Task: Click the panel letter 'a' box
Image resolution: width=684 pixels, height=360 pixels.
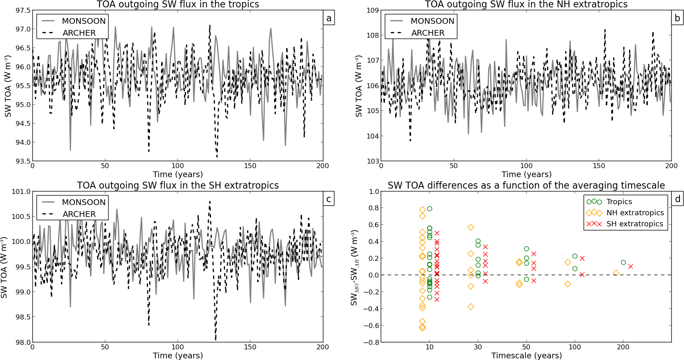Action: (329, 18)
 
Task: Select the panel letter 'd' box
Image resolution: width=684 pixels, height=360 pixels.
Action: (677, 199)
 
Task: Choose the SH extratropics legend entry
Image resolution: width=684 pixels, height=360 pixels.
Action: (634, 224)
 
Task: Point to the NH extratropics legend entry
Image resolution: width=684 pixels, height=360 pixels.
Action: (635, 213)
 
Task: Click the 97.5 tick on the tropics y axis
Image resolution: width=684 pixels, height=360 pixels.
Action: (23, 10)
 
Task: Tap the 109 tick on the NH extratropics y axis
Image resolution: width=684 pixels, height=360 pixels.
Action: (373, 10)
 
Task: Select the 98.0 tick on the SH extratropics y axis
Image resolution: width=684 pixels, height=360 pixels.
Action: (23, 342)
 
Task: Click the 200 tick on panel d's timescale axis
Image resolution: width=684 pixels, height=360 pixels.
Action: (623, 347)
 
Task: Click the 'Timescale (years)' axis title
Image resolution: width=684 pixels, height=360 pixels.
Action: (526, 355)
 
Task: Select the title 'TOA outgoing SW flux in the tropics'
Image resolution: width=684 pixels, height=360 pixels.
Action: (178, 5)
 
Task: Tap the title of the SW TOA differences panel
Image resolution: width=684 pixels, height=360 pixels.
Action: (526, 185)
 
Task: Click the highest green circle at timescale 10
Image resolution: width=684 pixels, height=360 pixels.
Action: (429, 209)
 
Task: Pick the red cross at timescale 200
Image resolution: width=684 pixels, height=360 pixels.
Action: (630, 267)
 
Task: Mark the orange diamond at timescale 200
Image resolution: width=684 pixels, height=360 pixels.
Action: (616, 273)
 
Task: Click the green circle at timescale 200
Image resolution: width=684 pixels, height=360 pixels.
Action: (623, 262)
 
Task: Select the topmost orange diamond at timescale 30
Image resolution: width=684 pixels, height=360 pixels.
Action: (471, 227)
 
